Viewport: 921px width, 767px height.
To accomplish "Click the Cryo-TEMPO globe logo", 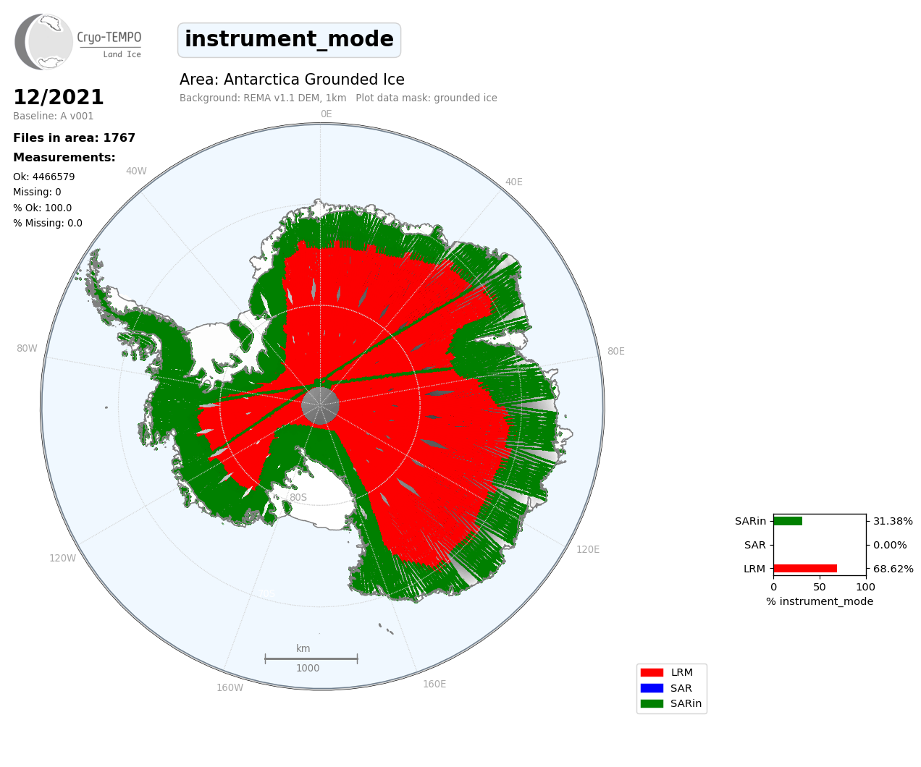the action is pos(43,42).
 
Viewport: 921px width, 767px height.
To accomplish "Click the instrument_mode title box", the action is pos(289,40).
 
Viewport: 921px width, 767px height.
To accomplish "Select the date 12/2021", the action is pos(59,97).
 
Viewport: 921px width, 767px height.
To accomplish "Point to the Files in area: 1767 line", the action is pos(74,138).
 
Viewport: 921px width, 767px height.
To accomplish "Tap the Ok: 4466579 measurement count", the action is pos(44,177).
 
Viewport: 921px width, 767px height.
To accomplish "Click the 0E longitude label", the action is pos(327,114).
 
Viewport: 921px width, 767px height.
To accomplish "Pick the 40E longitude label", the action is pos(513,182).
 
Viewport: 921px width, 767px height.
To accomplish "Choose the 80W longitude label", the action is pos(27,348).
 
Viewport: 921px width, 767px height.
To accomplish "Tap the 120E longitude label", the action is pos(588,549).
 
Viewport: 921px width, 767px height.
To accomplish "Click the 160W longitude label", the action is pos(230,687).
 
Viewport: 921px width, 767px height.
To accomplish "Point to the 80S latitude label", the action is pos(298,497).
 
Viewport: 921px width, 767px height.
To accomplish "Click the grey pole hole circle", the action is pos(320,405).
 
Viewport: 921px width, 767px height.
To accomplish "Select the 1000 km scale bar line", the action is pos(311,658).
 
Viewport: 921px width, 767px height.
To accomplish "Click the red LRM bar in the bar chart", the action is pos(805,569).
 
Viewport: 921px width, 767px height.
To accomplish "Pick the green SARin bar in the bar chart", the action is pos(788,521).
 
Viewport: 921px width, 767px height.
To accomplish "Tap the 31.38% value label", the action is pos(893,521).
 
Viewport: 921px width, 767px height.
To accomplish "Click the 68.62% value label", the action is pos(893,569).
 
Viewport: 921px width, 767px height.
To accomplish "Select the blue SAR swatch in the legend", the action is pos(652,688).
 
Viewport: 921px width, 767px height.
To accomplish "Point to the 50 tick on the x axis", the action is pos(819,587).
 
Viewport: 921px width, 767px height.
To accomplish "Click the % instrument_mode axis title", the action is pos(820,601).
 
